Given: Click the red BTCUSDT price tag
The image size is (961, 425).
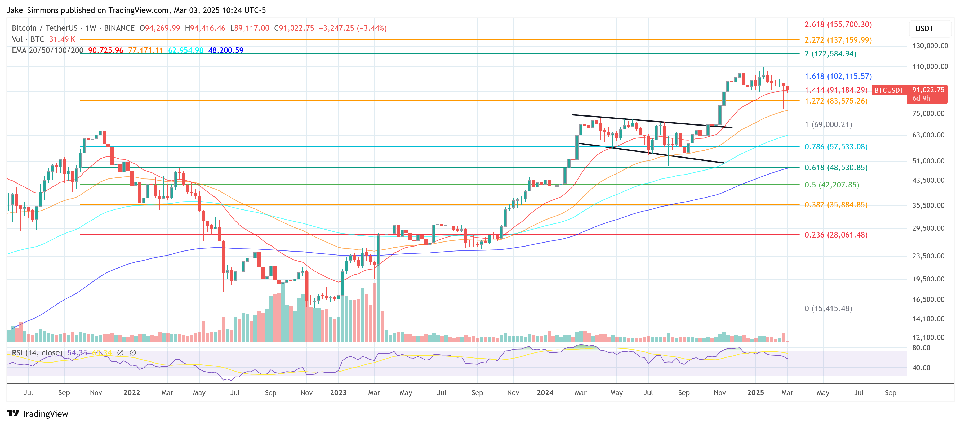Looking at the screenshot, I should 889,90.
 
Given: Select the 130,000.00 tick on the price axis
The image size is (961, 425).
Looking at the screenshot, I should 930,46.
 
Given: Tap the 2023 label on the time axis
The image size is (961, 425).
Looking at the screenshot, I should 338,393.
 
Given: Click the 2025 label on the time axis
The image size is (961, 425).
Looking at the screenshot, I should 755,393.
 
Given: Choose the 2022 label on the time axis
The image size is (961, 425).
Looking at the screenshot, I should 132,393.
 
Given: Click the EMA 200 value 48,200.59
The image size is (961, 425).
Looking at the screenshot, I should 225,50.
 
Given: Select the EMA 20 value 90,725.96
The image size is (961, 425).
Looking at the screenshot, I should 106,50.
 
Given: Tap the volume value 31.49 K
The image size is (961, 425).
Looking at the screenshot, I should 62,39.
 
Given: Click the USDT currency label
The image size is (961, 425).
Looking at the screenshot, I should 924,29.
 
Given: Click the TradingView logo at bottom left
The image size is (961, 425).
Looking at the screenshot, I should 37,414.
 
